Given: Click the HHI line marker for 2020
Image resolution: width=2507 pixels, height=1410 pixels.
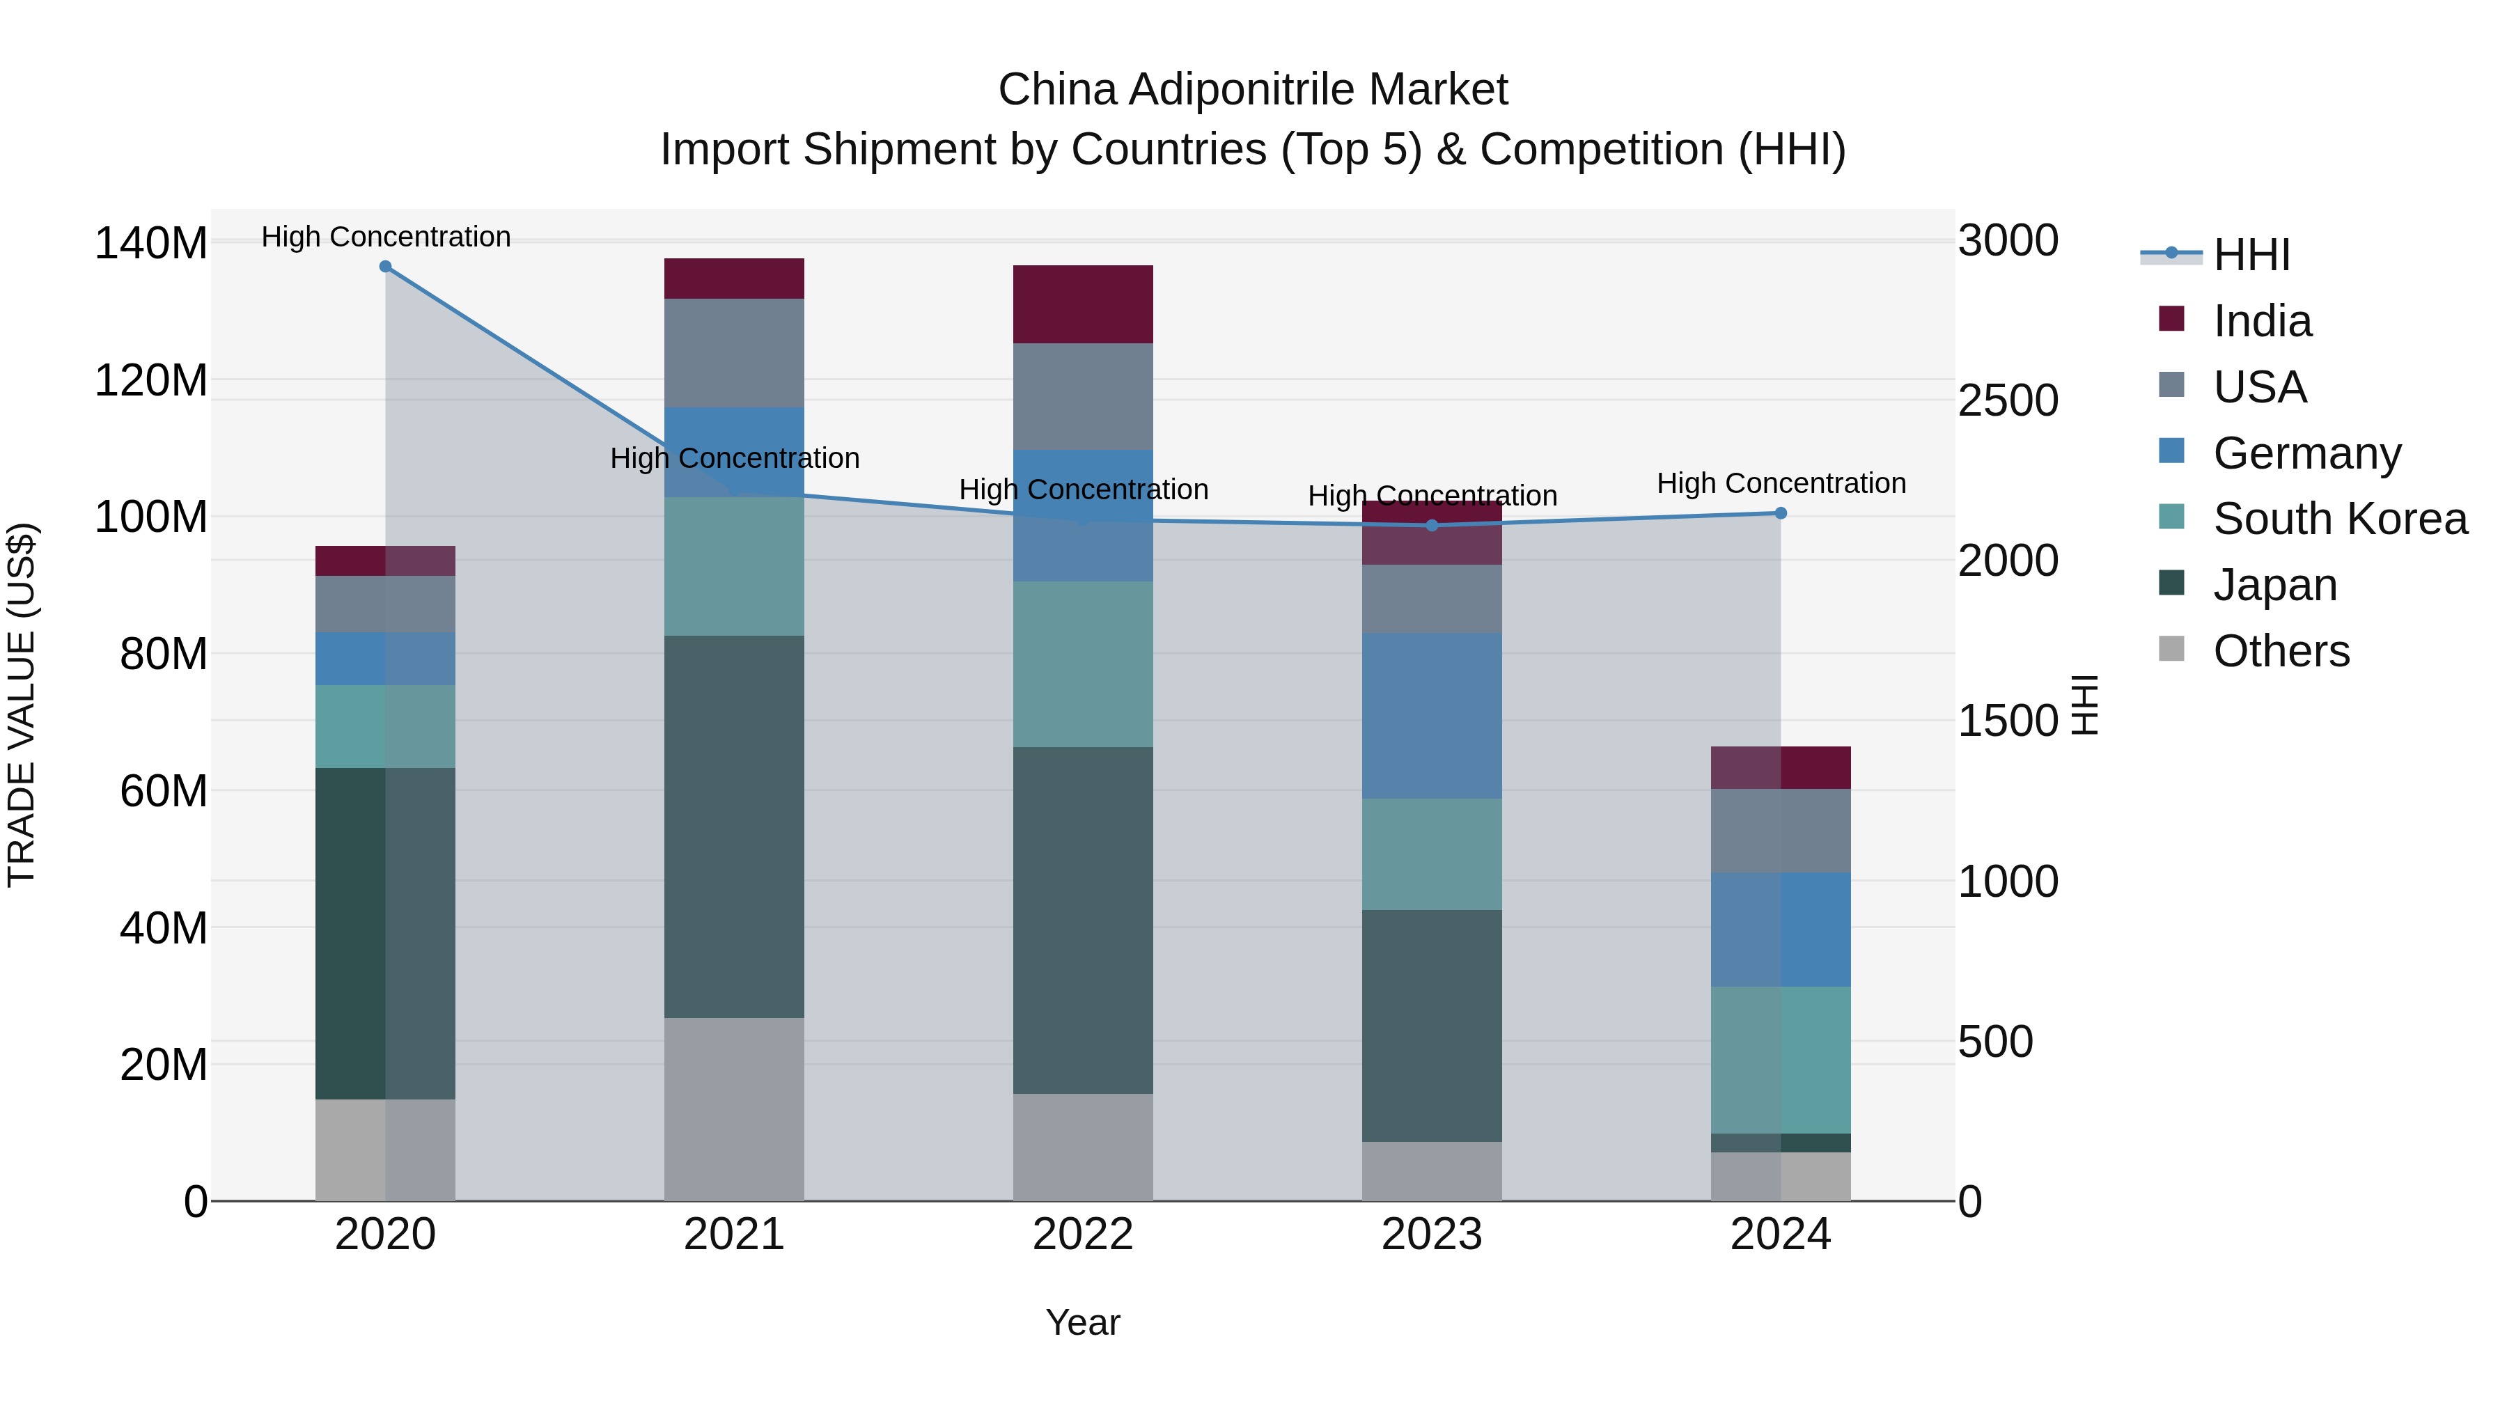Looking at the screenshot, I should click(385, 267).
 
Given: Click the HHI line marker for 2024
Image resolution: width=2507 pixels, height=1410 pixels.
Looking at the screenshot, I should click(1780, 512).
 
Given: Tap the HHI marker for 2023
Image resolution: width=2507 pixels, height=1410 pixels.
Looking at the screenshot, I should click(1432, 526).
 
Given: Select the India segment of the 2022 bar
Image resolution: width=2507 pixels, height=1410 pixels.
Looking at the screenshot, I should click(1082, 304).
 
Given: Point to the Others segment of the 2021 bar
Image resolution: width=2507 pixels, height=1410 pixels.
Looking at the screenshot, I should click(734, 1109).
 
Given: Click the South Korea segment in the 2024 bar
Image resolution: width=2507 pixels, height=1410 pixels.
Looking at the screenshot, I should click(1780, 1060).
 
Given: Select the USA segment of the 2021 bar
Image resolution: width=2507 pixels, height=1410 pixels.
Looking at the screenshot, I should click(734, 352).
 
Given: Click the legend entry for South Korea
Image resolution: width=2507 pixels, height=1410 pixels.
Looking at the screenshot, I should click(2340, 519).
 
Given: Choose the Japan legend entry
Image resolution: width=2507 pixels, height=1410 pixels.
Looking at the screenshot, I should click(2274, 585).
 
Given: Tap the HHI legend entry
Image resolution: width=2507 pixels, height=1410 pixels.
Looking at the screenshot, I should click(2251, 255).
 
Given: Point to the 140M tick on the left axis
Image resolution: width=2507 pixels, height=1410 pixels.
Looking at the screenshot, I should click(151, 243).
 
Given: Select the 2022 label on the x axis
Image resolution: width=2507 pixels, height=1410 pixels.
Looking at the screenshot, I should click(1082, 1235).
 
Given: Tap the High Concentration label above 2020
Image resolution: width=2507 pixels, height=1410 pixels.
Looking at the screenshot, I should click(385, 237).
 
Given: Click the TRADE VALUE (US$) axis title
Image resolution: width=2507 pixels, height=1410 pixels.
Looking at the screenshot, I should click(22, 705).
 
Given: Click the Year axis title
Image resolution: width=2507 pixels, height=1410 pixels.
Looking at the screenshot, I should click(1082, 1322).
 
